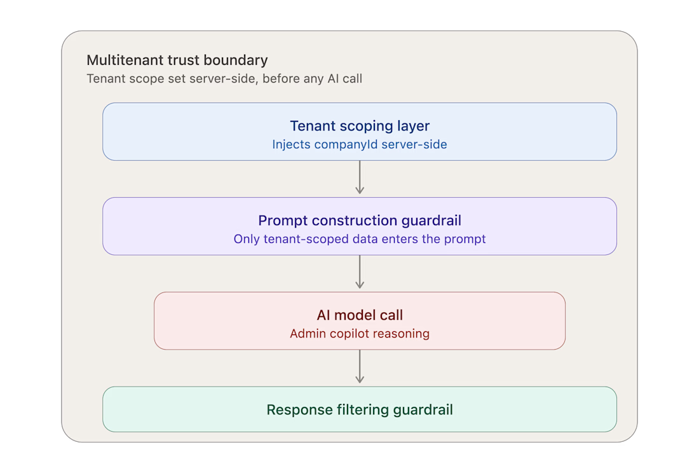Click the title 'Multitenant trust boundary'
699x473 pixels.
click(177, 60)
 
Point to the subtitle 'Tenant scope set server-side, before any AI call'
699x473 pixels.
click(224, 79)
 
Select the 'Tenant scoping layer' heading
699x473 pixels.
click(360, 126)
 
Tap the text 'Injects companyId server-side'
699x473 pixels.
click(360, 144)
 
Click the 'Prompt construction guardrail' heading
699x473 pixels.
click(360, 221)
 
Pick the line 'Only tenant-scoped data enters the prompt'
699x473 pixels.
click(360, 240)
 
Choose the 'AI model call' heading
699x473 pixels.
click(360, 315)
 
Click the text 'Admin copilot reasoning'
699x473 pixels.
click(360, 334)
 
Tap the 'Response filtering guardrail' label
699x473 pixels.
click(360, 409)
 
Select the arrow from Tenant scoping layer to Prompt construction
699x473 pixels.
click(360, 177)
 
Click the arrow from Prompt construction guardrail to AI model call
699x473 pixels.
click(360, 272)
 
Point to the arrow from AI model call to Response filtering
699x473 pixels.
click(360, 366)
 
